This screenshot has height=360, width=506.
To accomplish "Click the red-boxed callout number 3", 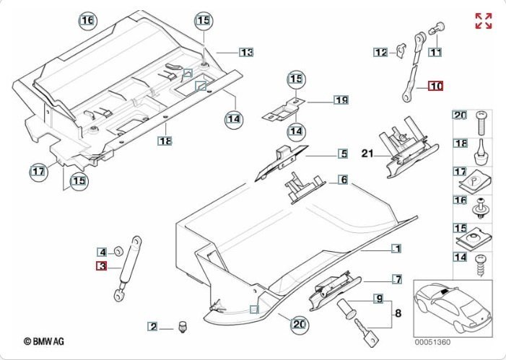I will click(102, 266).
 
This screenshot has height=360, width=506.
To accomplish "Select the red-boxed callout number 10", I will click(435, 86).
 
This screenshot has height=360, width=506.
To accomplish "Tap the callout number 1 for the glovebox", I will click(396, 249).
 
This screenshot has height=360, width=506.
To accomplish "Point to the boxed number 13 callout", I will click(247, 53).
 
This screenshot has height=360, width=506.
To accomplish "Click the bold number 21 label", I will click(367, 154).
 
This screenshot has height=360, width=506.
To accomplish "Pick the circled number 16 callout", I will click(87, 21).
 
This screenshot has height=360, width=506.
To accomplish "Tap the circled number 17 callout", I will click(38, 171).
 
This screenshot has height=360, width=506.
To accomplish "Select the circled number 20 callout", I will click(298, 324).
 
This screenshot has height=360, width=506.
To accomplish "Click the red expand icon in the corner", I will click(483, 21).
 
